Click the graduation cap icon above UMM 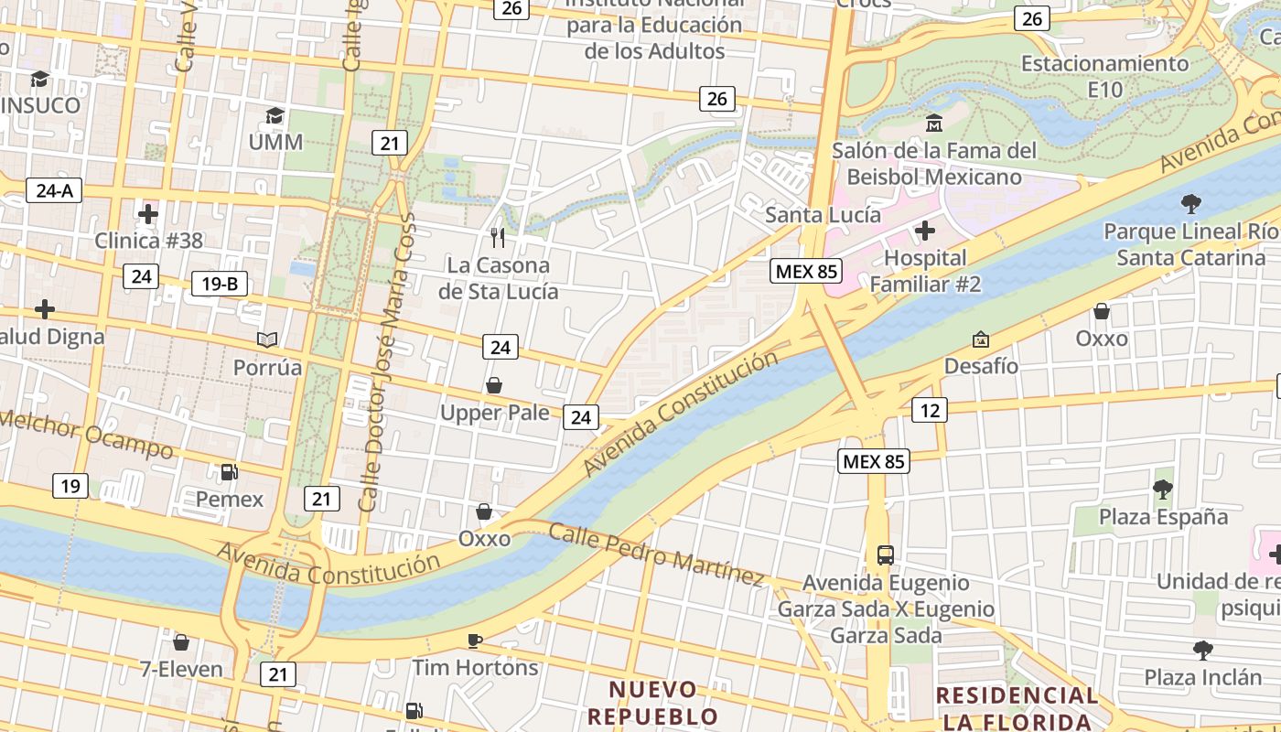pyautogui.click(x=274, y=116)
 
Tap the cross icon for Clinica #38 pyautogui.click(x=148, y=214)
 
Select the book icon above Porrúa pyautogui.click(x=267, y=340)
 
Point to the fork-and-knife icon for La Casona pyautogui.click(x=498, y=238)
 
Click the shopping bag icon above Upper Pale pyautogui.click(x=494, y=385)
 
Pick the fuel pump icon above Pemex pyautogui.click(x=229, y=472)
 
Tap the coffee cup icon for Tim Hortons pyautogui.click(x=474, y=640)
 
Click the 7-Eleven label pyautogui.click(x=181, y=669)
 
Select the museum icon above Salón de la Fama pyautogui.click(x=934, y=123)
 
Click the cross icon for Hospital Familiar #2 pyautogui.click(x=925, y=230)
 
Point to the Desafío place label pyautogui.click(x=981, y=366)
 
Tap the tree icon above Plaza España pyautogui.click(x=1163, y=490)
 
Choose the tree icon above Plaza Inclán pyautogui.click(x=1203, y=651)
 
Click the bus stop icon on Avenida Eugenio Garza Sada pyautogui.click(x=886, y=554)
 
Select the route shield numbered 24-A pyautogui.click(x=55, y=190)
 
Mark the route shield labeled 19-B pyautogui.click(x=220, y=284)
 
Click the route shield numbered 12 pyautogui.click(x=929, y=410)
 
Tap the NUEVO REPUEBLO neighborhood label pyautogui.click(x=653, y=702)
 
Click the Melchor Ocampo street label pyautogui.click(x=86, y=434)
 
